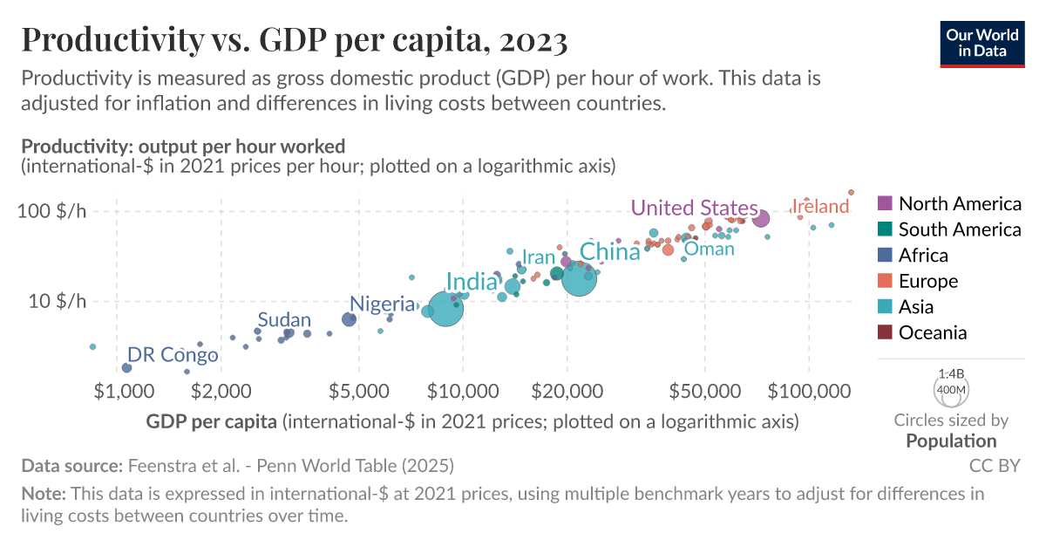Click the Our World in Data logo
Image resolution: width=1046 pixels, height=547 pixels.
(x=983, y=41)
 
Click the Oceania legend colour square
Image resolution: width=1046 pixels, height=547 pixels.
(x=885, y=332)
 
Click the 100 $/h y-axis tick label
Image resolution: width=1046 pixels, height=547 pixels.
(x=54, y=212)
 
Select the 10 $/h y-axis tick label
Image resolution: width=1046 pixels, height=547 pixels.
(x=58, y=302)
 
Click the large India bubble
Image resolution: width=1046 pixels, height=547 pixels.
(x=445, y=309)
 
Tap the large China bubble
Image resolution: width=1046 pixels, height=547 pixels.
(x=579, y=278)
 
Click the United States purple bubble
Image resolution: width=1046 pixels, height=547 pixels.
(x=760, y=219)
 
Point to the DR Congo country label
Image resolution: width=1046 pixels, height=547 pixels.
(x=172, y=355)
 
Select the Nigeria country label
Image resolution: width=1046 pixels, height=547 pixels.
(x=382, y=304)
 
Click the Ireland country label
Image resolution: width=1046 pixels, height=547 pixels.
(x=819, y=207)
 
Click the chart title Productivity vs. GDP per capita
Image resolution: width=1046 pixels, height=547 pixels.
(x=294, y=39)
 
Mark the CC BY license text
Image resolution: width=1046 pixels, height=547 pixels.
(x=995, y=465)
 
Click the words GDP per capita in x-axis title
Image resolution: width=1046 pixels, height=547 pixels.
(x=212, y=422)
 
